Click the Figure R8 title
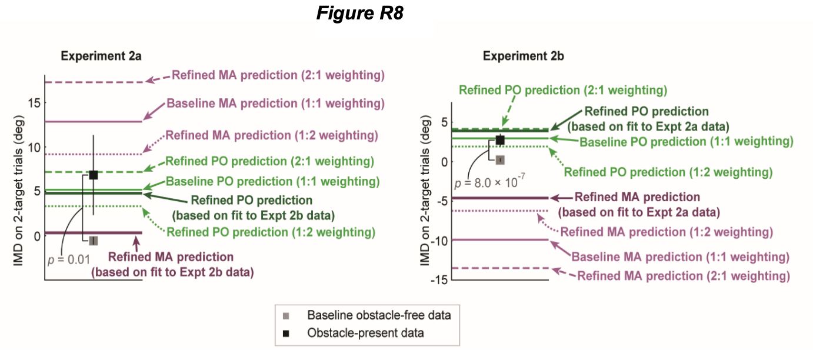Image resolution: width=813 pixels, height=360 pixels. click(x=359, y=14)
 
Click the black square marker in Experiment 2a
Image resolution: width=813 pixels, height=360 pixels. click(x=93, y=175)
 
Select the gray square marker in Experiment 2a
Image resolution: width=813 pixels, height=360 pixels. click(x=93, y=241)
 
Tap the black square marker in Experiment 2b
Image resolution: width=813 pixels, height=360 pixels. click(x=500, y=139)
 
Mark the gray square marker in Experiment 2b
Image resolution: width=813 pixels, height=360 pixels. click(x=500, y=159)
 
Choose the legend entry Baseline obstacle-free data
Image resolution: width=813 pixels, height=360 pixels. click(x=378, y=315)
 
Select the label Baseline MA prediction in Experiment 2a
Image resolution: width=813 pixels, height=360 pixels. click(x=275, y=104)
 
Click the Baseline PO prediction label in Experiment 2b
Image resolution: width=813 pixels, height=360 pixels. click(x=686, y=142)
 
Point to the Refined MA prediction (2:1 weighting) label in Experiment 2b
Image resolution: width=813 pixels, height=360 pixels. click(x=683, y=276)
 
